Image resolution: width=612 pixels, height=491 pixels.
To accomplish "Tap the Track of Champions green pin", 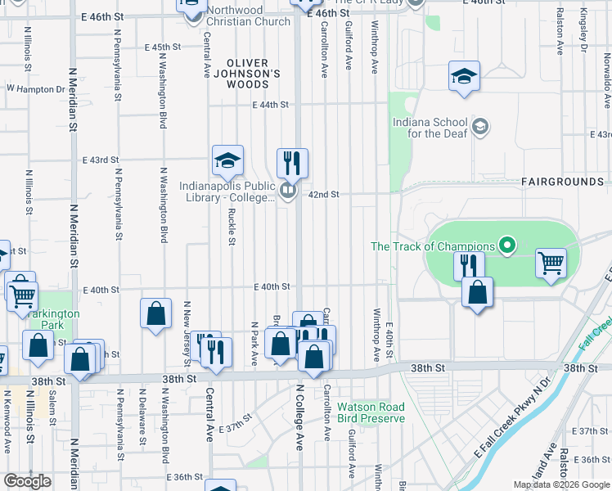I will [x=507, y=245].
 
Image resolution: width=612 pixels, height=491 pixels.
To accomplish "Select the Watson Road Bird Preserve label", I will [x=371, y=412].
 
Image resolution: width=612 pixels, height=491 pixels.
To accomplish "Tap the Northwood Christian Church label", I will [x=248, y=16].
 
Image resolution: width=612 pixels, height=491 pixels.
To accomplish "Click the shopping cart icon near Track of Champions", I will [x=551, y=264].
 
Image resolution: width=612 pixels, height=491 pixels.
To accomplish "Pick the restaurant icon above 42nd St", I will [x=292, y=163].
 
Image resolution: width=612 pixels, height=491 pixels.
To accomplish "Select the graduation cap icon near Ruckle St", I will [x=228, y=160].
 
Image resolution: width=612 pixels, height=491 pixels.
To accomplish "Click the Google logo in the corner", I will [x=27, y=481].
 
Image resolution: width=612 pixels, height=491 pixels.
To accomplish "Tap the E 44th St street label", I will [x=271, y=105].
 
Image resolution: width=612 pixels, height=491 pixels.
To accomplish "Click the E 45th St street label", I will [x=161, y=47].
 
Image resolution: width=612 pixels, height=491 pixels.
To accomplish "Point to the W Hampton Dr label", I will [x=35, y=88].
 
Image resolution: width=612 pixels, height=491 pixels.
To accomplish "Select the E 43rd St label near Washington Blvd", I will [x=100, y=160].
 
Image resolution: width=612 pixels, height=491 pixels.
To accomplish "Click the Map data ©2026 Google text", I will [x=562, y=484].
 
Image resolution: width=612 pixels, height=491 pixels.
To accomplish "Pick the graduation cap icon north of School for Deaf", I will [x=464, y=77].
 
